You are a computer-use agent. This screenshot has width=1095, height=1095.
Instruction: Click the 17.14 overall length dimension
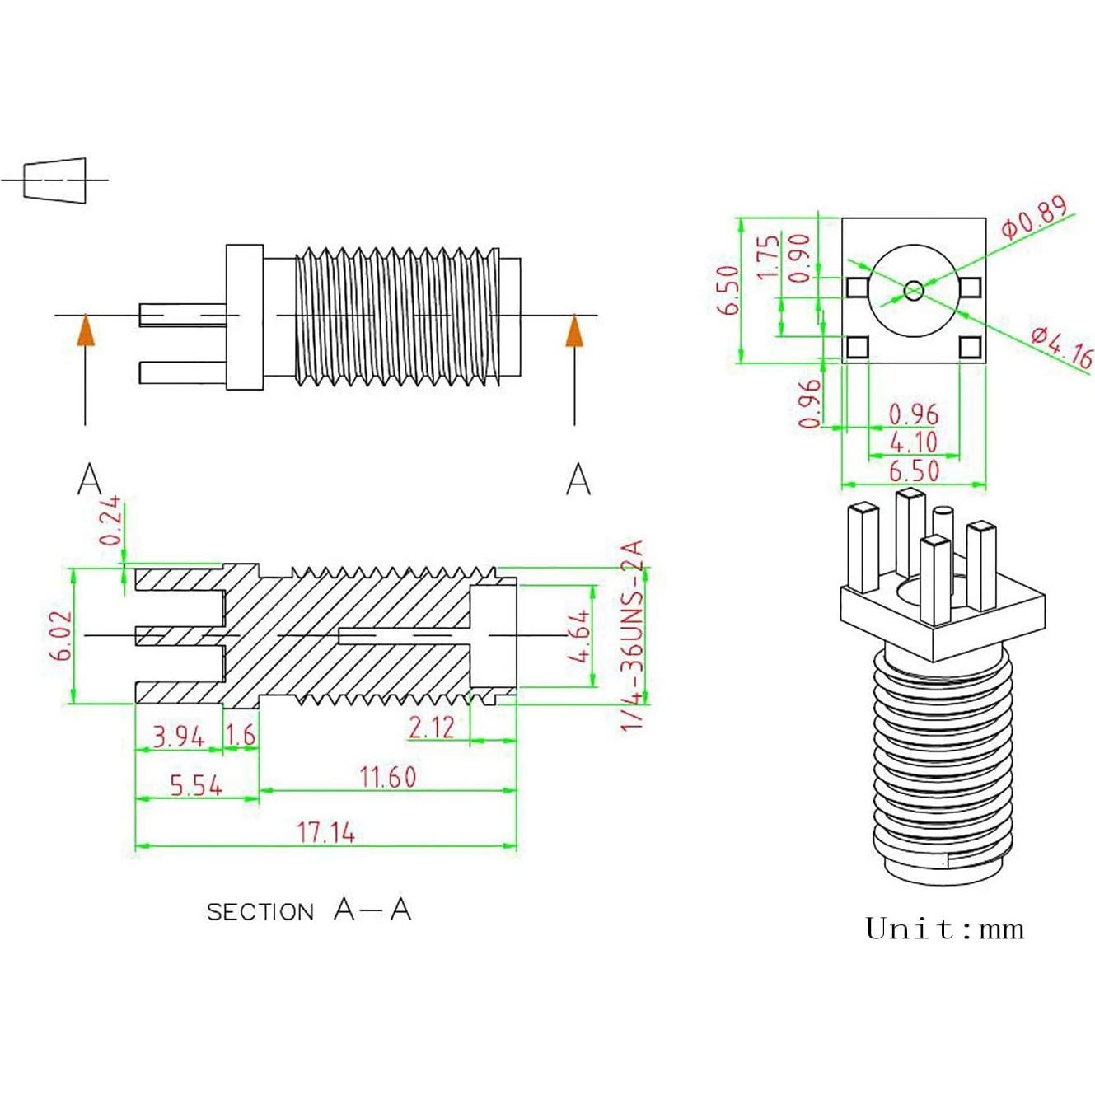(x=325, y=832)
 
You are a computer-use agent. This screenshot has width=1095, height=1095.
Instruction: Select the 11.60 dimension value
(x=387, y=777)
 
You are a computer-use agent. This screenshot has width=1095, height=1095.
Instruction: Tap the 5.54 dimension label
(x=196, y=785)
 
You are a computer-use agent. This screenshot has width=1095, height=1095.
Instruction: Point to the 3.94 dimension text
(x=179, y=736)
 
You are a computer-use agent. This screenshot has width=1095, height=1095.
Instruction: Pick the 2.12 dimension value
(x=431, y=727)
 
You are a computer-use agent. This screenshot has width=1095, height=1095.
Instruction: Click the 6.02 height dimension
(x=62, y=635)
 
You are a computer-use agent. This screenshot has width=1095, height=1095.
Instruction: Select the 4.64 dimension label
(x=579, y=635)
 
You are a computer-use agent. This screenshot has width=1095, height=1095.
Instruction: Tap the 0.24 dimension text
(x=110, y=521)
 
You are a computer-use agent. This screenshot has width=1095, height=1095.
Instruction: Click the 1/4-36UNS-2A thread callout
(x=632, y=635)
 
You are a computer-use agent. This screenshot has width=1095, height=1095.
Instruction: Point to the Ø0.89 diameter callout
(x=1035, y=217)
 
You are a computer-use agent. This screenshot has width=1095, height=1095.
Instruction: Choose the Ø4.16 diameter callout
(x=1062, y=346)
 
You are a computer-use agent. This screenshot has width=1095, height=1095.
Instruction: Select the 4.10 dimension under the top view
(x=913, y=442)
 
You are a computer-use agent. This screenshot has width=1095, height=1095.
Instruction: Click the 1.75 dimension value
(x=768, y=256)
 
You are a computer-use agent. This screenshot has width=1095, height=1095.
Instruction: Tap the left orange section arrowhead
(x=85, y=331)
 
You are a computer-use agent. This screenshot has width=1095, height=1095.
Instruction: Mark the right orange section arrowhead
(x=574, y=331)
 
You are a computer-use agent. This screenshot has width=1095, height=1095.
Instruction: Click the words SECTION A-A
(x=309, y=910)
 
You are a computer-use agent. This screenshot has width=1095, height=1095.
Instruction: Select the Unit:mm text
(x=945, y=929)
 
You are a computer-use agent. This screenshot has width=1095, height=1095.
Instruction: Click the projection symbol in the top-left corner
(x=54, y=179)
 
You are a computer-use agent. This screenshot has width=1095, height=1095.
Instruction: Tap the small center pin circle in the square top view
(x=914, y=290)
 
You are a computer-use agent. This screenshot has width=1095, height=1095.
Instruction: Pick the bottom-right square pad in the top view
(x=970, y=348)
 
